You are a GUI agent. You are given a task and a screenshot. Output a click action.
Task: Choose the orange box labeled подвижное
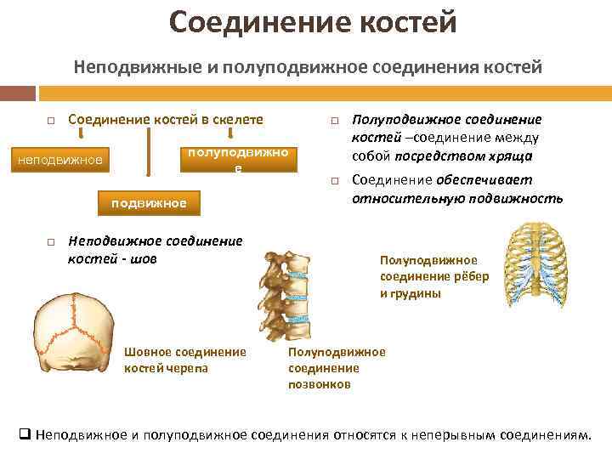[x=149, y=204]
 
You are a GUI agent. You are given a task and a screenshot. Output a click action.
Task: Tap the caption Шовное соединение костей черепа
[x=184, y=360]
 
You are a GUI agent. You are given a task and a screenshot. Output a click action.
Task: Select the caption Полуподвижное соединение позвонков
[x=337, y=367]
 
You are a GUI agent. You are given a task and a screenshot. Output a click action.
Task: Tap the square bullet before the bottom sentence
[x=25, y=434]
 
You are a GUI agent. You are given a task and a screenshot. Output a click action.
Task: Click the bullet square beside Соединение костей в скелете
[x=50, y=122]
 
